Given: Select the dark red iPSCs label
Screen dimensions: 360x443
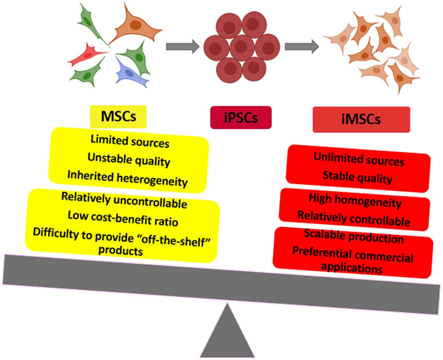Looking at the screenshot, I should (x=241, y=117).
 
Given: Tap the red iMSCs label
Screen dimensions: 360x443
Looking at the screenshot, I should (x=361, y=119).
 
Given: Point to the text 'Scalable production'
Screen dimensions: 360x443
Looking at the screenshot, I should (x=354, y=238).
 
